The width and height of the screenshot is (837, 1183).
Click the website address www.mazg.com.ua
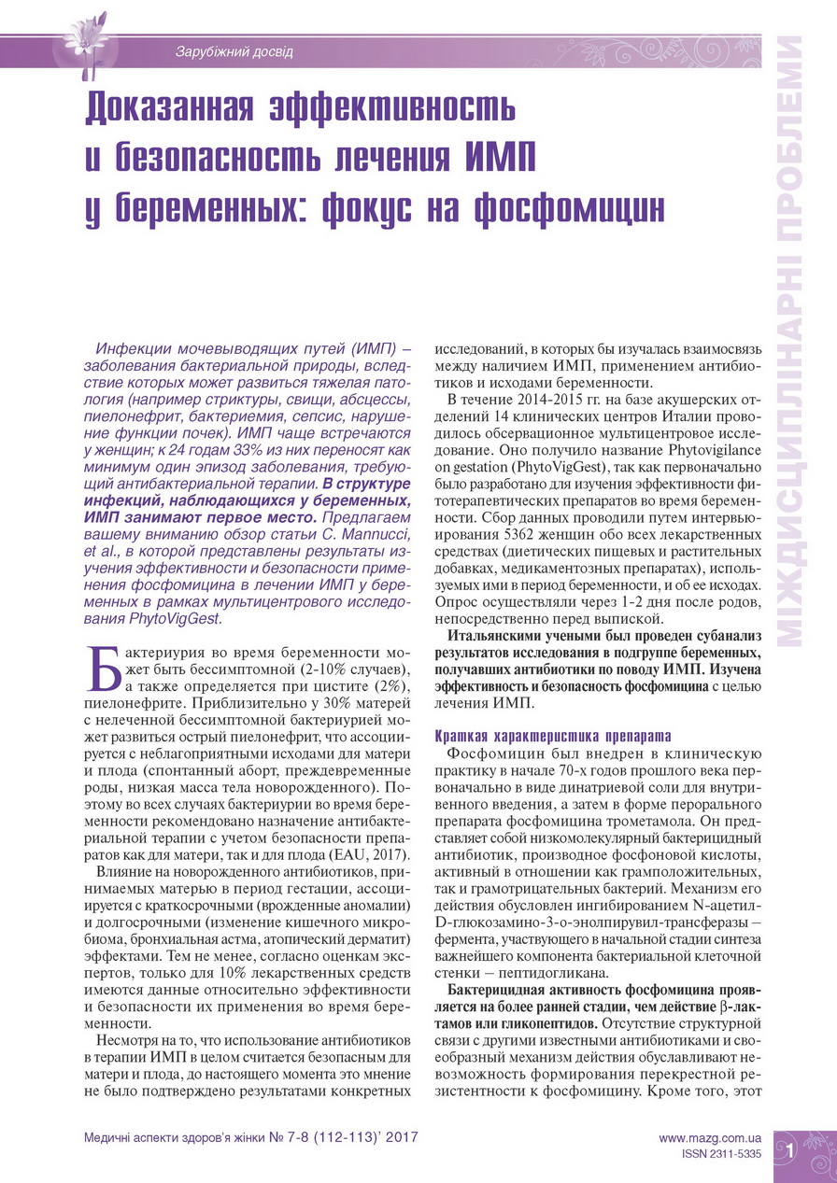(710, 1138)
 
